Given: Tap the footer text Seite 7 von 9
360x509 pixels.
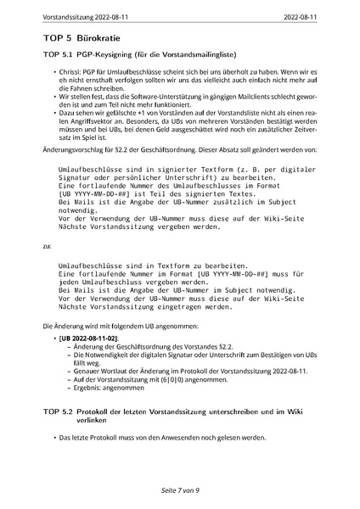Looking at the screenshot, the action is point(179,490).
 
